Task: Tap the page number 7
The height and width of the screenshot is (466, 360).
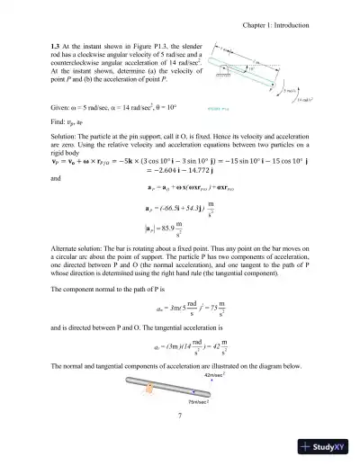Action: tap(180, 415)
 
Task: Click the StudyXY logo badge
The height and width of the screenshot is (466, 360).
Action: tap(325, 445)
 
